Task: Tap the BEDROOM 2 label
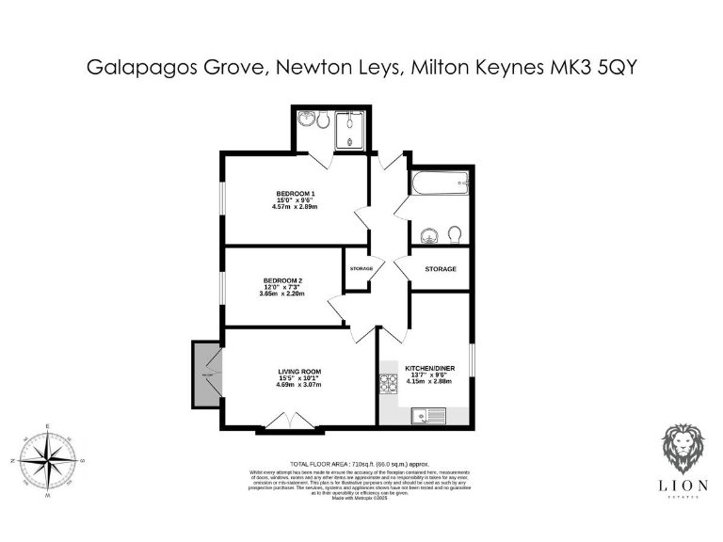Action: click(282, 280)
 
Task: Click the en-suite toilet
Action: click(322, 120)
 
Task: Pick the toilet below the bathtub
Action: click(454, 234)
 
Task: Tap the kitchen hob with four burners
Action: click(388, 385)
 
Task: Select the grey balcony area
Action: click(206, 375)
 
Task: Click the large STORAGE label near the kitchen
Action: click(440, 269)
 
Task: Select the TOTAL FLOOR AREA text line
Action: click(361, 464)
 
